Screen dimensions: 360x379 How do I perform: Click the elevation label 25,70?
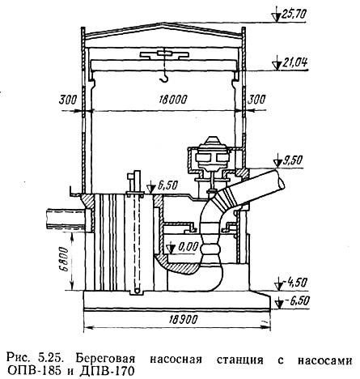click(x=294, y=14)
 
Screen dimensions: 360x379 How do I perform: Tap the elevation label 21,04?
click(x=294, y=63)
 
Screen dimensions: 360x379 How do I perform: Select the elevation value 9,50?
click(x=293, y=160)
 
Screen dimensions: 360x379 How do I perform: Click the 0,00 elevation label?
click(x=188, y=246)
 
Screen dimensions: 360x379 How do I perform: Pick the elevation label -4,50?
click(x=294, y=283)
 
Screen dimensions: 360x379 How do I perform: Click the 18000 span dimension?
click(x=172, y=100)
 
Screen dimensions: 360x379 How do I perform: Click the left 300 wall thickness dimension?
click(x=68, y=100)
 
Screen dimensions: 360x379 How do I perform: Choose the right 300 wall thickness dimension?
click(x=256, y=100)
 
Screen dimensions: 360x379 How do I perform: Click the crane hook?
click(x=164, y=78)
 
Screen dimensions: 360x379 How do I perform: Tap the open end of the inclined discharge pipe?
click(x=280, y=178)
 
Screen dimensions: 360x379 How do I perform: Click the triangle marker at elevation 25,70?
click(x=276, y=17)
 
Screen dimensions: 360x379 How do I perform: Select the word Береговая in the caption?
click(x=105, y=360)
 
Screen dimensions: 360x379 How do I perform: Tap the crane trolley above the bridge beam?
click(x=164, y=55)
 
